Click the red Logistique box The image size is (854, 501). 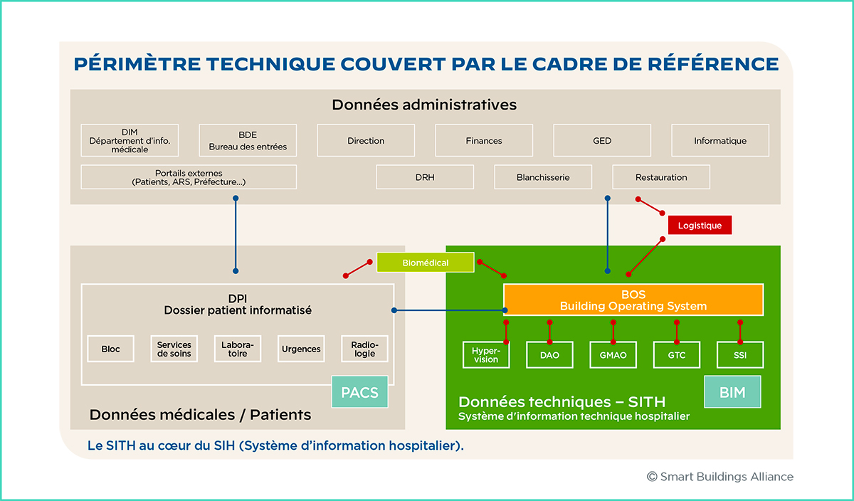tap(700, 225)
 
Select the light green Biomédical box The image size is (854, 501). tap(426, 263)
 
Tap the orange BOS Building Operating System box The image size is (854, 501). tap(633, 300)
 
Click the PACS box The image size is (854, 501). tap(360, 392)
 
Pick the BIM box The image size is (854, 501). tap(732, 392)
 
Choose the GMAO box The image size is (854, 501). tap(613, 354)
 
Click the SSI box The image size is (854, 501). tap(740, 354)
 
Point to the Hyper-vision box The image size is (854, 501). tap(486, 354)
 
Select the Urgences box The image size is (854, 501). tap(301, 349)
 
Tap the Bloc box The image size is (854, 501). tap(110, 349)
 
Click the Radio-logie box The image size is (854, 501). tap(364, 349)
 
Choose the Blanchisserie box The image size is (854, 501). tap(543, 177)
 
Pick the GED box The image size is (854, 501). tap(602, 140)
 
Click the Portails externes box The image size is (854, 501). tap(189, 177)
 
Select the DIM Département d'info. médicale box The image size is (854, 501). tap(130, 140)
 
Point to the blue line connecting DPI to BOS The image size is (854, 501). tap(450, 310)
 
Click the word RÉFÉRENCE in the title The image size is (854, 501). tap(713, 63)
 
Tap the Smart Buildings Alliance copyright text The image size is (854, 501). tap(719, 477)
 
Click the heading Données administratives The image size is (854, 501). tap(424, 105)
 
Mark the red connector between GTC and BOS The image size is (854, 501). tap(677, 332)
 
